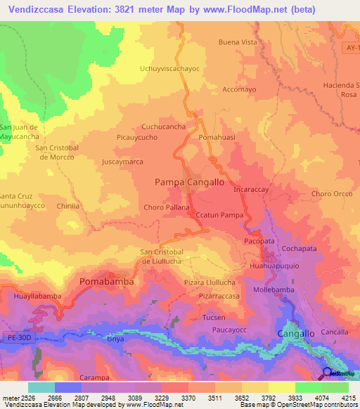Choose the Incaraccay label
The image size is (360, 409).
tap(252, 190)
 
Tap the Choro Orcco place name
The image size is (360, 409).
tap(332, 193)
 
